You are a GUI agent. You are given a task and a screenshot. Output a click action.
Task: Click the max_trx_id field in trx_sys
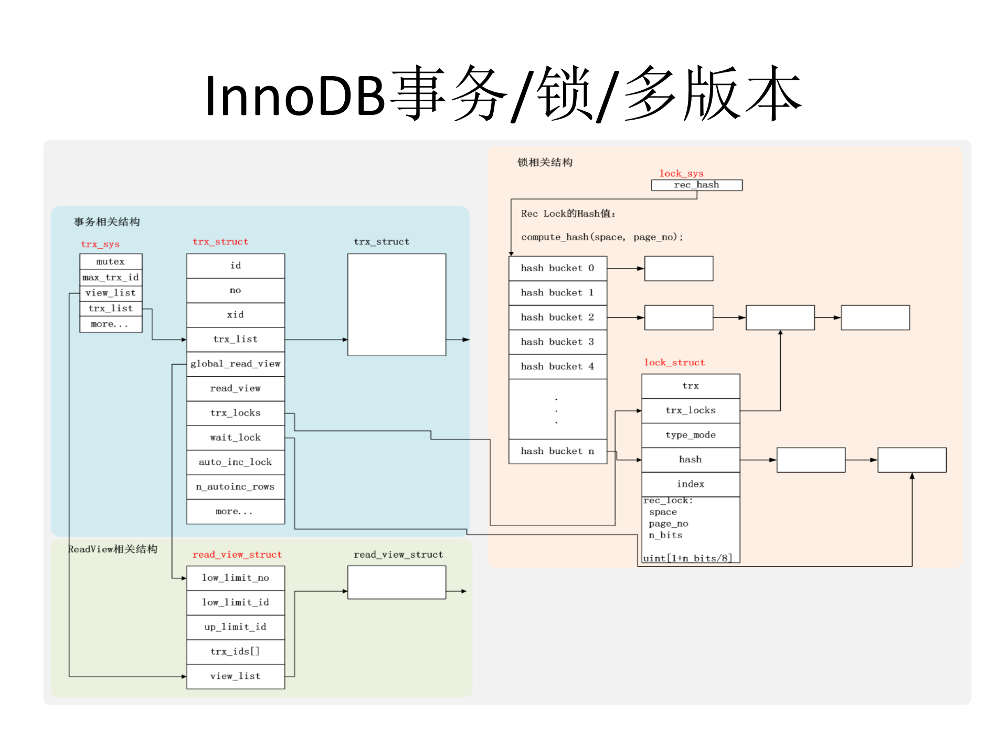click(111, 277)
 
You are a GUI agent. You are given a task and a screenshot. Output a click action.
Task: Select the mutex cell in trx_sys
click(111, 261)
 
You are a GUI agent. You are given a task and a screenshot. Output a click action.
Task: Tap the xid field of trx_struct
click(235, 315)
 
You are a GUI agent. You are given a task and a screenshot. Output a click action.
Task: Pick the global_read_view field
click(235, 364)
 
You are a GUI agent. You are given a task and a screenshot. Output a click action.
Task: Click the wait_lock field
click(235, 438)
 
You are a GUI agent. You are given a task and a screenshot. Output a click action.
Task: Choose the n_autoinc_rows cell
click(235, 487)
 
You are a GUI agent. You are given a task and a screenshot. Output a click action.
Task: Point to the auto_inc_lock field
click(235, 462)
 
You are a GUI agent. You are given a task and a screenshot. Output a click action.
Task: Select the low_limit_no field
click(235, 578)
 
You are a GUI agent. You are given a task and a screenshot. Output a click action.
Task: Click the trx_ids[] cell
click(235, 652)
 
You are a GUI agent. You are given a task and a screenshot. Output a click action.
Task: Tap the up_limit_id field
click(235, 627)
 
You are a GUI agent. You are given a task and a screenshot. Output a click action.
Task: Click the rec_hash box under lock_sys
click(696, 185)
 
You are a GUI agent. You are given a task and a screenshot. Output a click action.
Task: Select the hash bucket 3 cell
click(557, 342)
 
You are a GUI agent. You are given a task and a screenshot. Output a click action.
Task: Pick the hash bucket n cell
click(557, 451)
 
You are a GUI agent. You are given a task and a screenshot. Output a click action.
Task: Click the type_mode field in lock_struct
click(691, 435)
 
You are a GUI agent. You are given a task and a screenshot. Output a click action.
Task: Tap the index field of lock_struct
click(691, 484)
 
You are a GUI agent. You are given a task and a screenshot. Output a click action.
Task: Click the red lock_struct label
click(674, 363)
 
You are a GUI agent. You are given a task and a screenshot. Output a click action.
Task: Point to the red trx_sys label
click(100, 244)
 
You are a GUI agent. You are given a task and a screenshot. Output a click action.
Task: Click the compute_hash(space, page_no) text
click(602, 237)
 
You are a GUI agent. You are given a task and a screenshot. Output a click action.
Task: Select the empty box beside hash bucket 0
click(679, 269)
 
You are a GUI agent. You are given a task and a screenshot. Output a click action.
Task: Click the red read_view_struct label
click(237, 555)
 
